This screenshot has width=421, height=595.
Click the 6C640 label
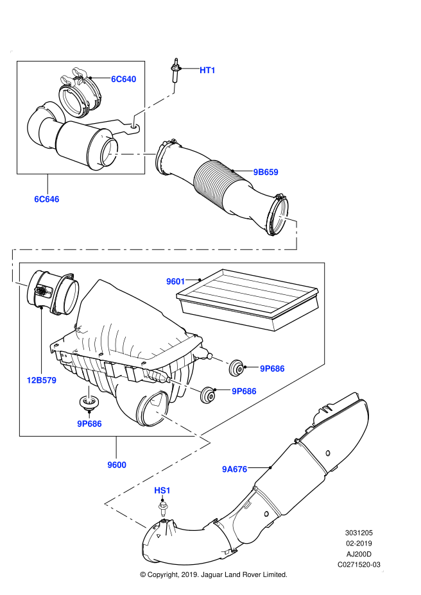click(124, 80)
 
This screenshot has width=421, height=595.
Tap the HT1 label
click(208, 71)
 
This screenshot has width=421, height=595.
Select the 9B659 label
click(266, 172)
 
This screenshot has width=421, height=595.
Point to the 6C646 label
click(47, 199)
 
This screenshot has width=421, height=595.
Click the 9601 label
click(176, 281)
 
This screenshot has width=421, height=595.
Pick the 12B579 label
click(42, 380)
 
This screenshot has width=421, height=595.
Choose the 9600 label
click(117, 465)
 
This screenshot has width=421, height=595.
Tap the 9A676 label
click(235, 469)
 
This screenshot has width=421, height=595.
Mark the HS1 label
click(162, 490)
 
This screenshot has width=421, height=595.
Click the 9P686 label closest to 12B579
click(90, 424)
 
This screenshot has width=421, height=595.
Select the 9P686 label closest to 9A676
click(244, 391)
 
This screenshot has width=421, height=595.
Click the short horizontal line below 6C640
click(132, 154)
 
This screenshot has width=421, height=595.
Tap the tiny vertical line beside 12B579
click(89, 394)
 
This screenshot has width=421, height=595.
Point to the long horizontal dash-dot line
click(154, 249)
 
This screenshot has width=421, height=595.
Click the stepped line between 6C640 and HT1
click(154, 105)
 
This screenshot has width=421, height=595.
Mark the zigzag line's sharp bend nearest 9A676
click(210, 442)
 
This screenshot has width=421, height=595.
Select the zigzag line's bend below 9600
click(106, 504)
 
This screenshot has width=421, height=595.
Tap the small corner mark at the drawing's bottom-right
click(382, 571)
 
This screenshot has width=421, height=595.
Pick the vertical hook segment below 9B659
click(296, 235)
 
